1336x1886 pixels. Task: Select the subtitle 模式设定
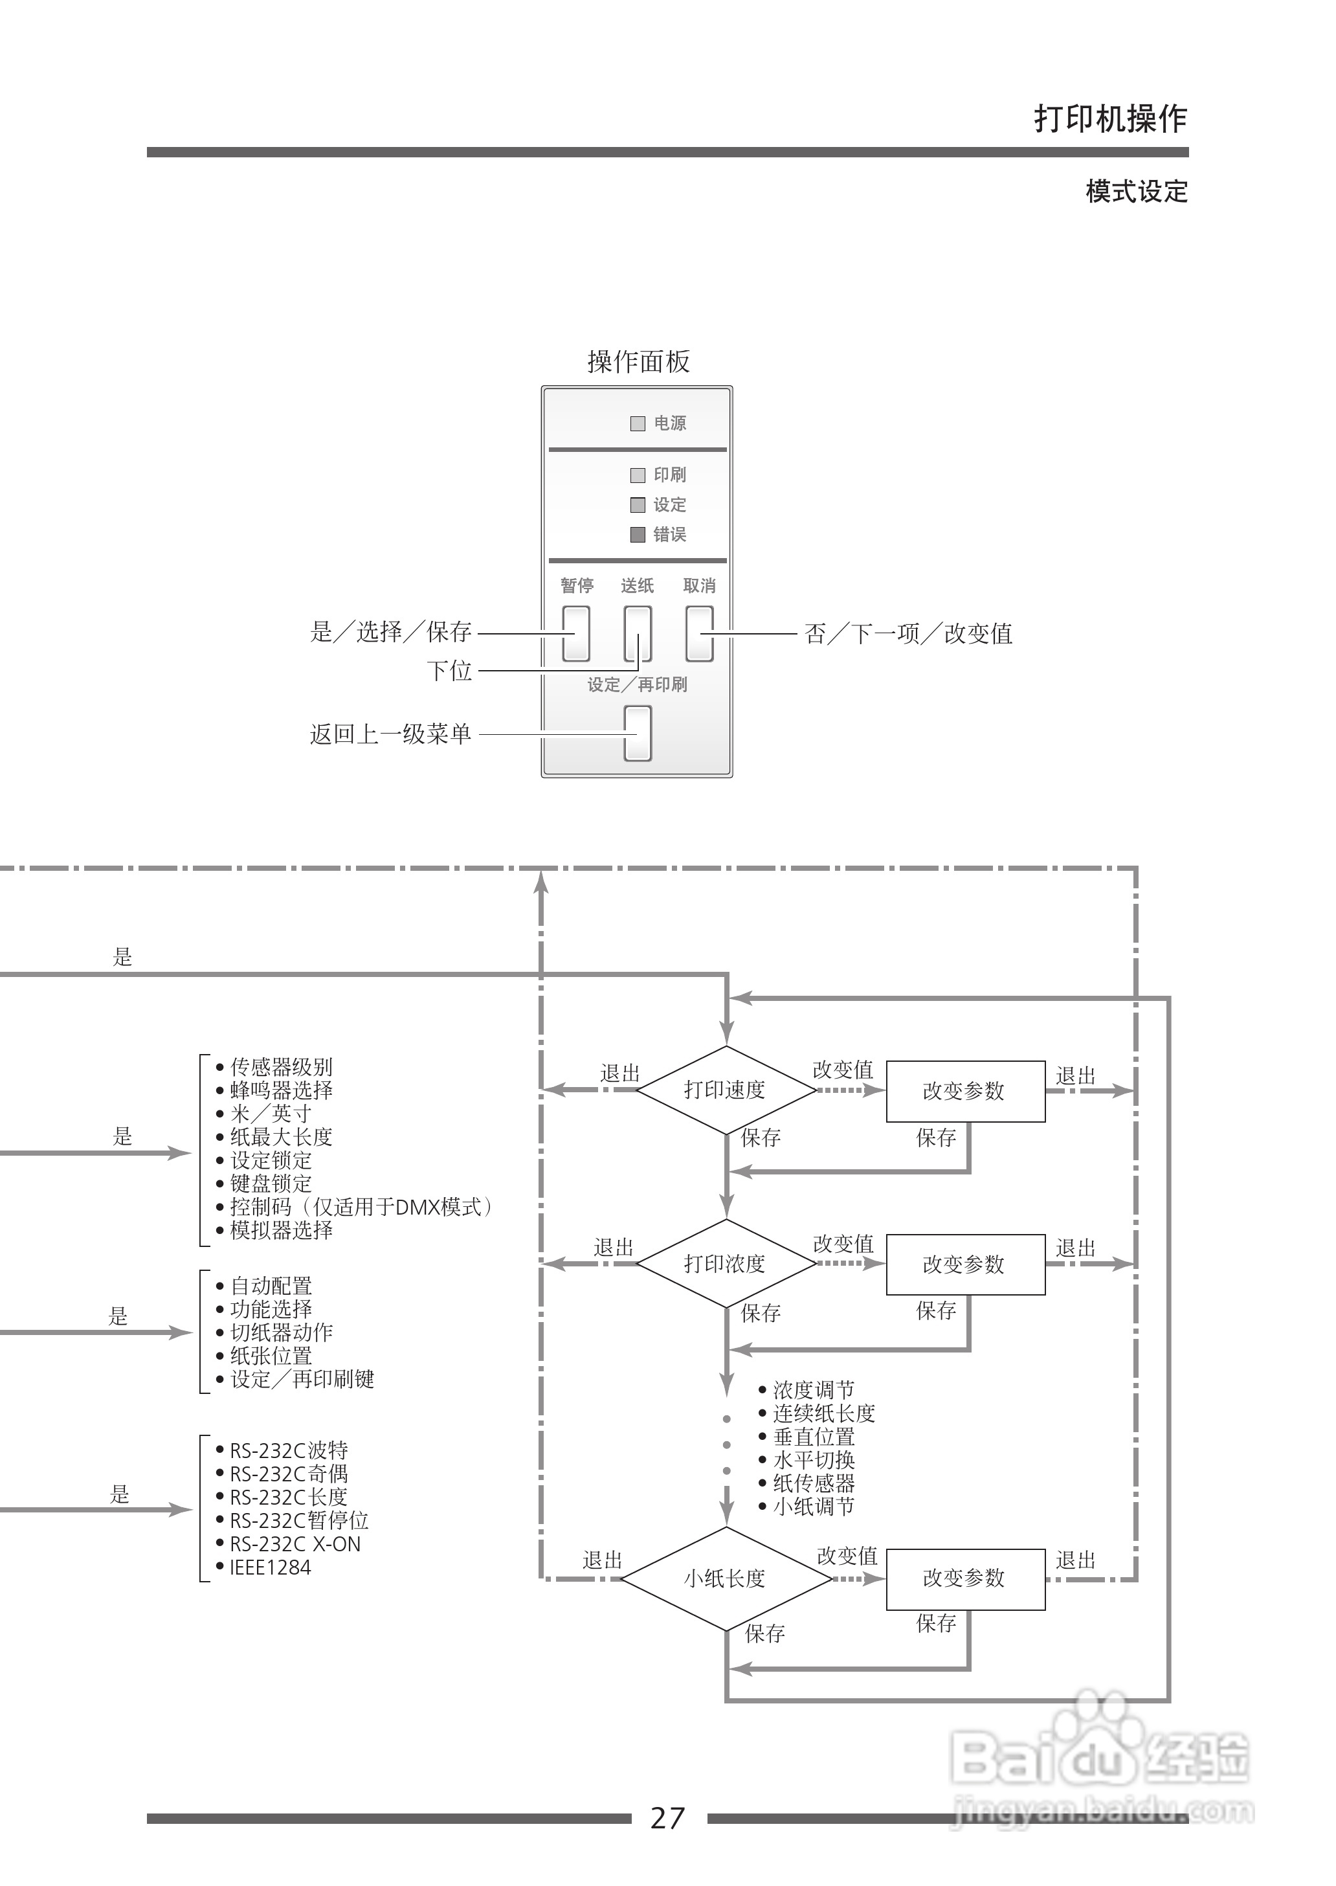1136,192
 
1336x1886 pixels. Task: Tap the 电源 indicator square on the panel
638,424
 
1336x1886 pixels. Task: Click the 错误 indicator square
638,535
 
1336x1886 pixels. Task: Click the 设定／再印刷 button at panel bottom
638,733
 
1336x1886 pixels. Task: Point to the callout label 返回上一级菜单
391,734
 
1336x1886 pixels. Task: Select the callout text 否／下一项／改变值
908,634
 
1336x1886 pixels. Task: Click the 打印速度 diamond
725,1090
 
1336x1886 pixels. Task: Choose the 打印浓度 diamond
725,1264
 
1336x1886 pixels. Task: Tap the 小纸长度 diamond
725,1578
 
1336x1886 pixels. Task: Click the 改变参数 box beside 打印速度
965,1091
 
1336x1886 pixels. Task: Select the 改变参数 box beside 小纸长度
965,1578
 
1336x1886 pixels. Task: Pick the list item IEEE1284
270,1567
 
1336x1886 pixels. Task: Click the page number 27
667,1818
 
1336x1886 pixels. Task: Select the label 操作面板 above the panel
638,362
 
